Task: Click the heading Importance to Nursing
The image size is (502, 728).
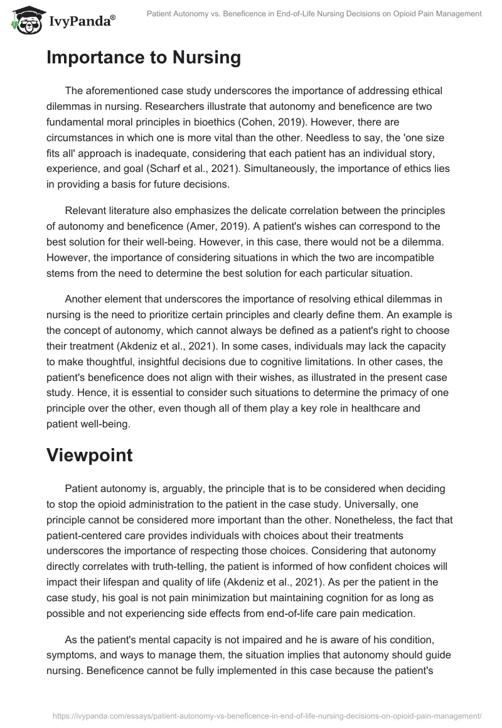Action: pos(144,58)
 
